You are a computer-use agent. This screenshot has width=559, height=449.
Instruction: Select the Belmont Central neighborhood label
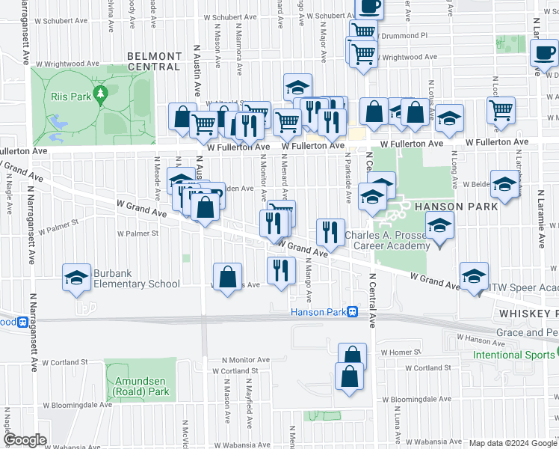154,61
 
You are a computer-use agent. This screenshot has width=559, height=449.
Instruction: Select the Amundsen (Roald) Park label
142,386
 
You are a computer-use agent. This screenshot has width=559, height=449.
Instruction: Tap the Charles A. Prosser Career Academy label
388,240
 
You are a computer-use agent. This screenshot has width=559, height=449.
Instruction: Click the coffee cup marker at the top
368,6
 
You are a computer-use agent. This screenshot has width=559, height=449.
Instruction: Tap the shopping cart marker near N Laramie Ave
501,110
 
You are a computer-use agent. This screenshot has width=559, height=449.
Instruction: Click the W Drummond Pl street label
403,35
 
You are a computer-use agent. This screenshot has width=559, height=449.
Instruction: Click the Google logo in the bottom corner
25,440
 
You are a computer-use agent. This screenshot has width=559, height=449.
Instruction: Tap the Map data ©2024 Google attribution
512,443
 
